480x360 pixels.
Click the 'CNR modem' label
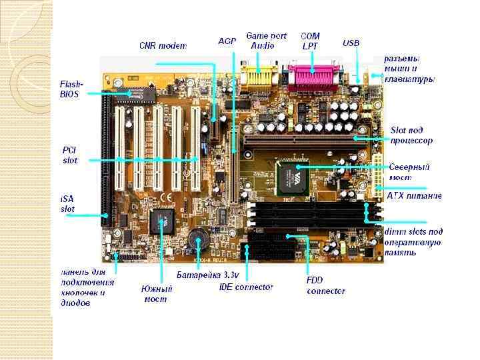tap(163, 46)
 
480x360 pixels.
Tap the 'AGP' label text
tap(227, 41)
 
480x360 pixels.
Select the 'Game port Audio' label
tap(266, 41)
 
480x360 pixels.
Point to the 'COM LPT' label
tap(310, 41)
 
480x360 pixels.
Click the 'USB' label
tap(351, 43)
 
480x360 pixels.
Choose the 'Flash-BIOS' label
tap(71, 89)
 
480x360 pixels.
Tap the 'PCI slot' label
tap(70, 155)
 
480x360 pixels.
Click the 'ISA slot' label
tap(69, 204)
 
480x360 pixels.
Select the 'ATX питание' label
tap(414, 196)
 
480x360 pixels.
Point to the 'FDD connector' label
tap(325, 286)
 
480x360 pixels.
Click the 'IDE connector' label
tap(246, 287)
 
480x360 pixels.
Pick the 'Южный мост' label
tap(157, 294)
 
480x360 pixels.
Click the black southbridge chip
tap(163, 221)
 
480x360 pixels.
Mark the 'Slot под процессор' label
tap(411, 135)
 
